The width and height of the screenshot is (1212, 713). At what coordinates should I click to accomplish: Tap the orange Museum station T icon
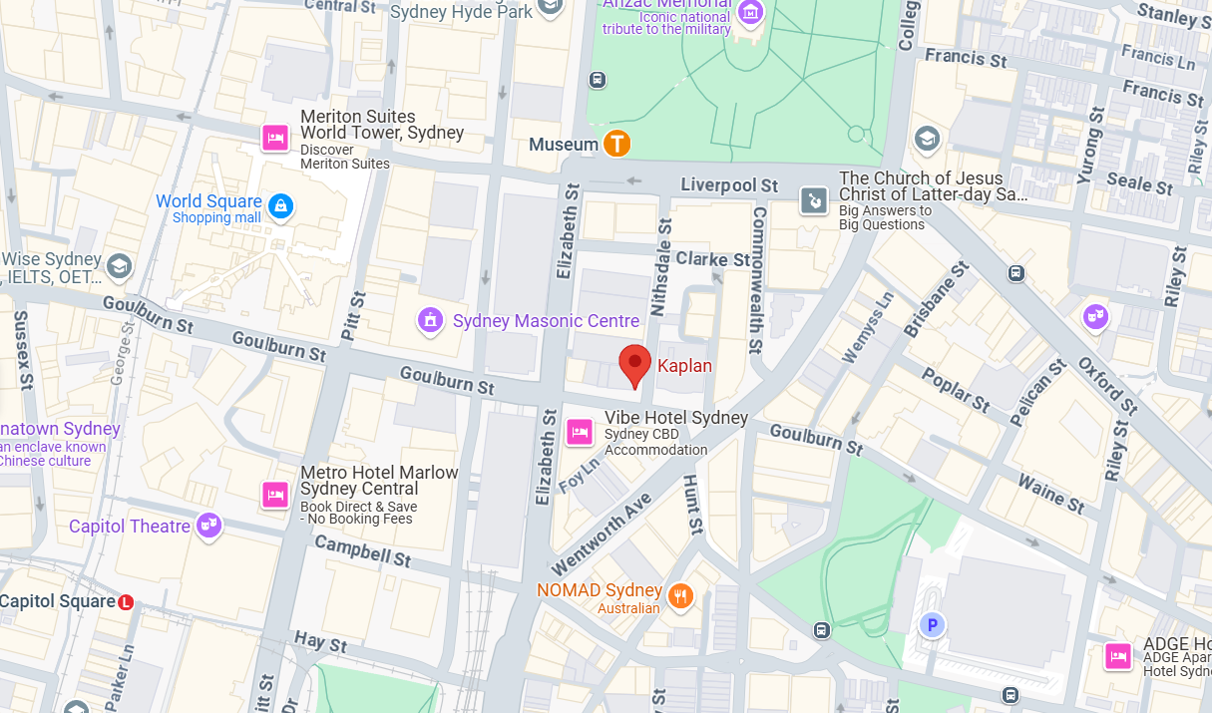617,144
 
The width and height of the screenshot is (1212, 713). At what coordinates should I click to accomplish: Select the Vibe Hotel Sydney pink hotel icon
579,432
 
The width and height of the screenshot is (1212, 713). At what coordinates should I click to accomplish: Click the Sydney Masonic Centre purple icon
430,320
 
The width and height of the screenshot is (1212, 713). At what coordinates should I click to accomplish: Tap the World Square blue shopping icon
281,206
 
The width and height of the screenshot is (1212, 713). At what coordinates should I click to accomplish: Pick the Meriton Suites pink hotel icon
275,137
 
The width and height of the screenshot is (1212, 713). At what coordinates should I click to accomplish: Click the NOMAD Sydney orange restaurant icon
680,596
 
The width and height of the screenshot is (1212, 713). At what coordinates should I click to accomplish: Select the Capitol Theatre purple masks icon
208,525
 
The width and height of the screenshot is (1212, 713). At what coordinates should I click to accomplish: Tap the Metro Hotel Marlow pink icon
275,494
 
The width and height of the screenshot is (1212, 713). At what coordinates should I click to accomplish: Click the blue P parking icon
932,625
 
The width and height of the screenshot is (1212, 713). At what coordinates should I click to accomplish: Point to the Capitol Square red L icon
126,602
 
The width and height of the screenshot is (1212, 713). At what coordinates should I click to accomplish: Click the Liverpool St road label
729,185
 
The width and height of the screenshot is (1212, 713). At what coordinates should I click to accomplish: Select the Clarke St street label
713,259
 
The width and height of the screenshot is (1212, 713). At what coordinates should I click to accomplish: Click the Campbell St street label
362,550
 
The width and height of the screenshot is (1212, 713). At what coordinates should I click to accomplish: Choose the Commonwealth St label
758,279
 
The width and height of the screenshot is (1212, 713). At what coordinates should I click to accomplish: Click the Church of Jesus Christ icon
815,200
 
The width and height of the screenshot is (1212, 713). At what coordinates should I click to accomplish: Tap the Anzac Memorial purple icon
750,12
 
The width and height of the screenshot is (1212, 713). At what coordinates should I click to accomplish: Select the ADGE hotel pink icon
1118,655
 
